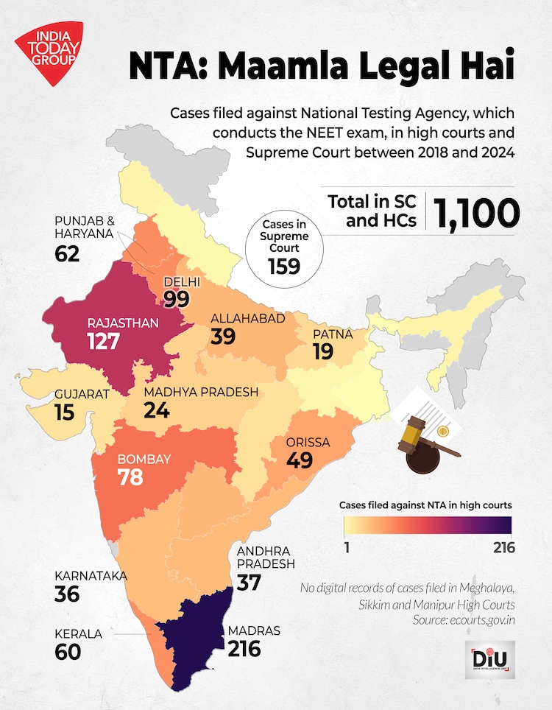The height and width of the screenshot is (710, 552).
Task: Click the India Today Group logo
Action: pyautogui.click(x=49, y=52)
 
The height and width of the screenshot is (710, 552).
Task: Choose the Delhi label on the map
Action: pyautogui.click(x=183, y=281)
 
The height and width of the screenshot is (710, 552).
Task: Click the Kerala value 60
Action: pyautogui.click(x=68, y=651)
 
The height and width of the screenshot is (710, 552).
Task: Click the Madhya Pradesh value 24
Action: pyautogui.click(x=157, y=410)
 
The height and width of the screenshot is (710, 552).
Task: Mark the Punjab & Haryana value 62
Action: pyautogui.click(x=69, y=254)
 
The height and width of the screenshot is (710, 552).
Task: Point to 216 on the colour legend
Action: pyautogui.click(x=499, y=547)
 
